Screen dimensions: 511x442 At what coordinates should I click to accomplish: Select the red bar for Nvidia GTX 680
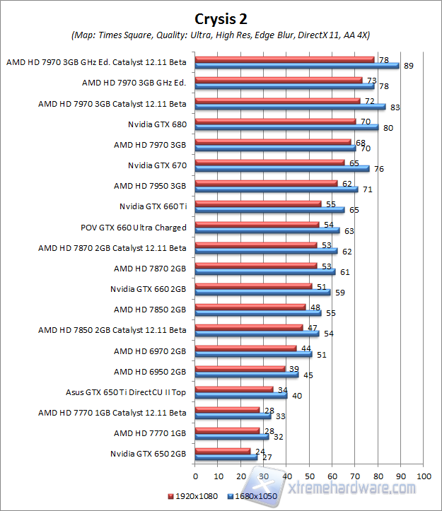275,121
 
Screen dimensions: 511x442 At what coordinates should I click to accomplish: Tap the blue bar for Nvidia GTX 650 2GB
226,458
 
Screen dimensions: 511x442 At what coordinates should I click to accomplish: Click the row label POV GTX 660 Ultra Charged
134,228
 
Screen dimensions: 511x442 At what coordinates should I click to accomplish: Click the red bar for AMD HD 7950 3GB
266,183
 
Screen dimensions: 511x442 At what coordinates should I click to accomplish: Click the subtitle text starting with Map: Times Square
221,35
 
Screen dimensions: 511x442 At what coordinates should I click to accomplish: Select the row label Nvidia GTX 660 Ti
153,207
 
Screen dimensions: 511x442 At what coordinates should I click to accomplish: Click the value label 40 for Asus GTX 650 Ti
297,396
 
